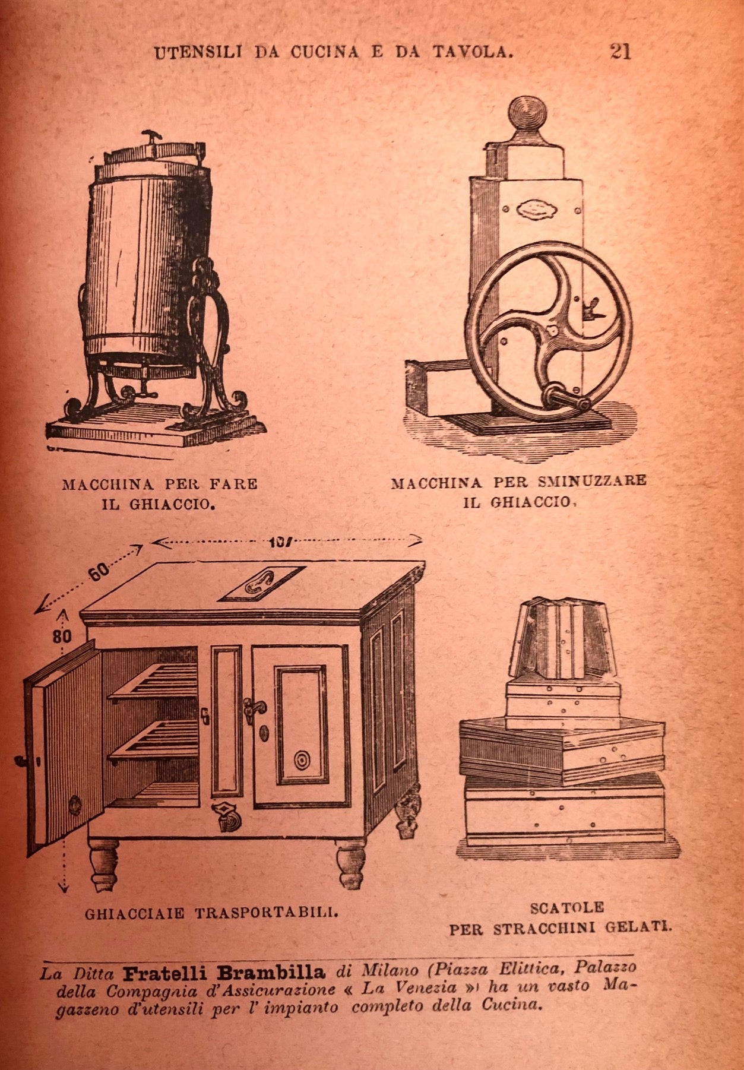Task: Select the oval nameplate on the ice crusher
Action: [534, 210]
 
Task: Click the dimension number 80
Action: [62, 636]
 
